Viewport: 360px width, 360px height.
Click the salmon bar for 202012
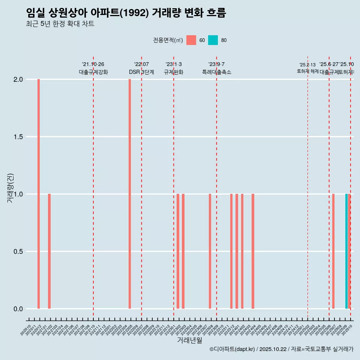coord(39,194)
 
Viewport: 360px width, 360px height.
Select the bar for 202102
coord(49,251)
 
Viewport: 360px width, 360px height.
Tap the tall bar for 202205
coord(130,194)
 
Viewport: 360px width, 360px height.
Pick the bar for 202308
coord(210,251)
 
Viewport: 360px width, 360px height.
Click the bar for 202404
coord(253,251)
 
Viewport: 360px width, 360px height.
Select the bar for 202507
coord(333,251)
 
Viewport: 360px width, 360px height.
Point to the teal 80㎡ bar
coord(346,251)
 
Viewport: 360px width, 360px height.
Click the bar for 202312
coord(231,251)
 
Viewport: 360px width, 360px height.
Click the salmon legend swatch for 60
coord(191,40)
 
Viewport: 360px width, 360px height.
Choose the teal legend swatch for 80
coord(213,40)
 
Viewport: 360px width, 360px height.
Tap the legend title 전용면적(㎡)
coord(168,40)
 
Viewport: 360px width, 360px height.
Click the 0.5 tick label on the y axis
coord(18,252)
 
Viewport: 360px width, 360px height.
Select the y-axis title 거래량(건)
coord(10,188)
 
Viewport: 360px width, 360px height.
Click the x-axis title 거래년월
coord(189,340)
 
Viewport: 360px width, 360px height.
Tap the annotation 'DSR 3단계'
coord(141,72)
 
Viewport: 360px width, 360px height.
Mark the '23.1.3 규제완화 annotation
coord(174,68)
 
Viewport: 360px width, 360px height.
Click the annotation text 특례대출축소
coord(216,72)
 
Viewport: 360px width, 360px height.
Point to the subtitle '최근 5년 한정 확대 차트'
coord(60,24)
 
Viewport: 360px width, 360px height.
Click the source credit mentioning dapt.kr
coord(281,349)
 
